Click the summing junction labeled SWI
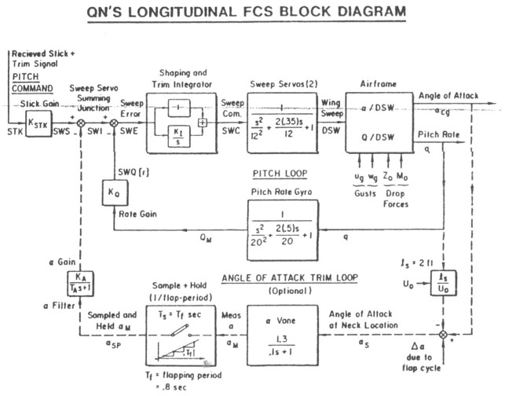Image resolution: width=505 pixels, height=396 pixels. [79, 123]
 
